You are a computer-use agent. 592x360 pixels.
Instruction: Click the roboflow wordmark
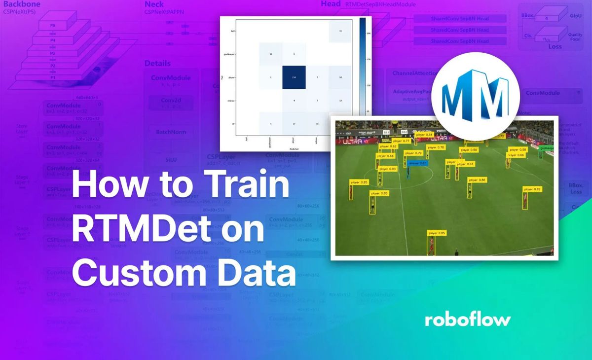click(x=467, y=320)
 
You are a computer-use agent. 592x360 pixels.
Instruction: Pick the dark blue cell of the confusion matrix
click(x=294, y=77)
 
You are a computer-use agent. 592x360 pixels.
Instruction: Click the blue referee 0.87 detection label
click(x=417, y=163)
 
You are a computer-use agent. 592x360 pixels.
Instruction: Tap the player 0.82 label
click(x=532, y=189)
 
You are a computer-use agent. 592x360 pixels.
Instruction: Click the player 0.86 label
click(x=477, y=180)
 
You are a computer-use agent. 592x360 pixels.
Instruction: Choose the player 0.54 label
click(x=424, y=135)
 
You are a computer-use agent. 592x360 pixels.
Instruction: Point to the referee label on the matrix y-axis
click(x=229, y=101)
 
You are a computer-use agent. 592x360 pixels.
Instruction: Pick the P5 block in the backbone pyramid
click(x=53, y=25)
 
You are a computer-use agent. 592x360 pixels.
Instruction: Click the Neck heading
click(x=154, y=4)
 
